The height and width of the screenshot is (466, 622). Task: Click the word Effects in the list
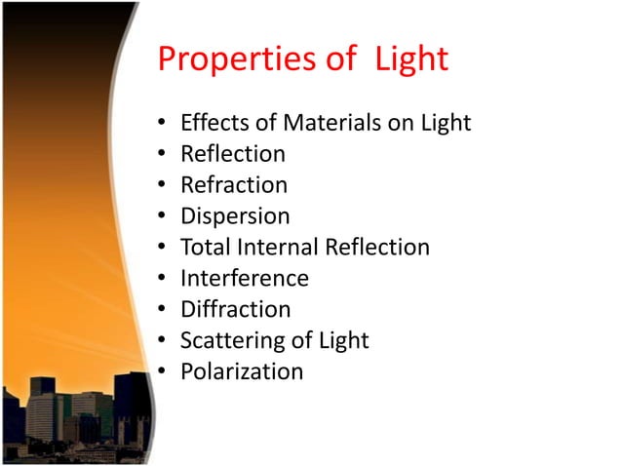(215, 123)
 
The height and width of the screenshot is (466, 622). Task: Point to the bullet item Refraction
(234, 185)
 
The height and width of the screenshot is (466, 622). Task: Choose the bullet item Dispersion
(235, 216)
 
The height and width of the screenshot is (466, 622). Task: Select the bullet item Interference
(245, 278)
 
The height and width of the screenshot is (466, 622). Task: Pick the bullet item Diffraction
(236, 309)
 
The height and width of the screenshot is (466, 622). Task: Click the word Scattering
(228, 340)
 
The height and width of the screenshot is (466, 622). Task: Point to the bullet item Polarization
(242, 371)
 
